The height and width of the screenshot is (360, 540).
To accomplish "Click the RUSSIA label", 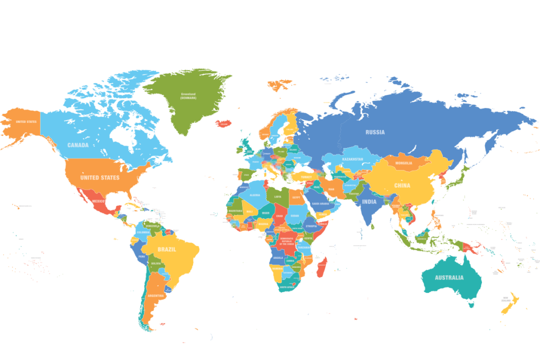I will pyautogui.click(x=375, y=132).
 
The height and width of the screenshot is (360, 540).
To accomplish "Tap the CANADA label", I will pyautogui.click(x=78, y=145).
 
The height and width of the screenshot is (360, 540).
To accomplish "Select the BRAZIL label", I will pyautogui.click(x=167, y=249).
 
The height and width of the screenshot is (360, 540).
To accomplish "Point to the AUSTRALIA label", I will pyautogui.click(x=449, y=278).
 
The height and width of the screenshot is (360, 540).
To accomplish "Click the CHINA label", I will pyautogui.click(x=402, y=186).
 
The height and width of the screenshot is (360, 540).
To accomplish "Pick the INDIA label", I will pyautogui.click(x=369, y=202).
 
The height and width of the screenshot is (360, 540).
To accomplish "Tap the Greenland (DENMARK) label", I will pyautogui.click(x=188, y=96).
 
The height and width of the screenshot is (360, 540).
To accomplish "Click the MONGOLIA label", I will pyautogui.click(x=403, y=163).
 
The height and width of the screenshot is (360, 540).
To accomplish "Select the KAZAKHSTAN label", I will pyautogui.click(x=352, y=159).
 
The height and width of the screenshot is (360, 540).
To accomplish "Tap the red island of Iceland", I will pyautogui.click(x=224, y=123).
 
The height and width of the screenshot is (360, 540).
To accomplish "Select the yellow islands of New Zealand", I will pyautogui.click(x=510, y=305).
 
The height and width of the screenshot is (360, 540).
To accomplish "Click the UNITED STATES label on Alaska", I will pyautogui.click(x=26, y=122).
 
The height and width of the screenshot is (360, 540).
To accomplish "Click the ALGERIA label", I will pyautogui.click(x=255, y=195).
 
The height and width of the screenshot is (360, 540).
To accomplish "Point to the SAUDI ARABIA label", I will pyautogui.click(x=321, y=204).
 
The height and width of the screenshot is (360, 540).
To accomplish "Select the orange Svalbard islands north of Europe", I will pyautogui.click(x=279, y=83).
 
